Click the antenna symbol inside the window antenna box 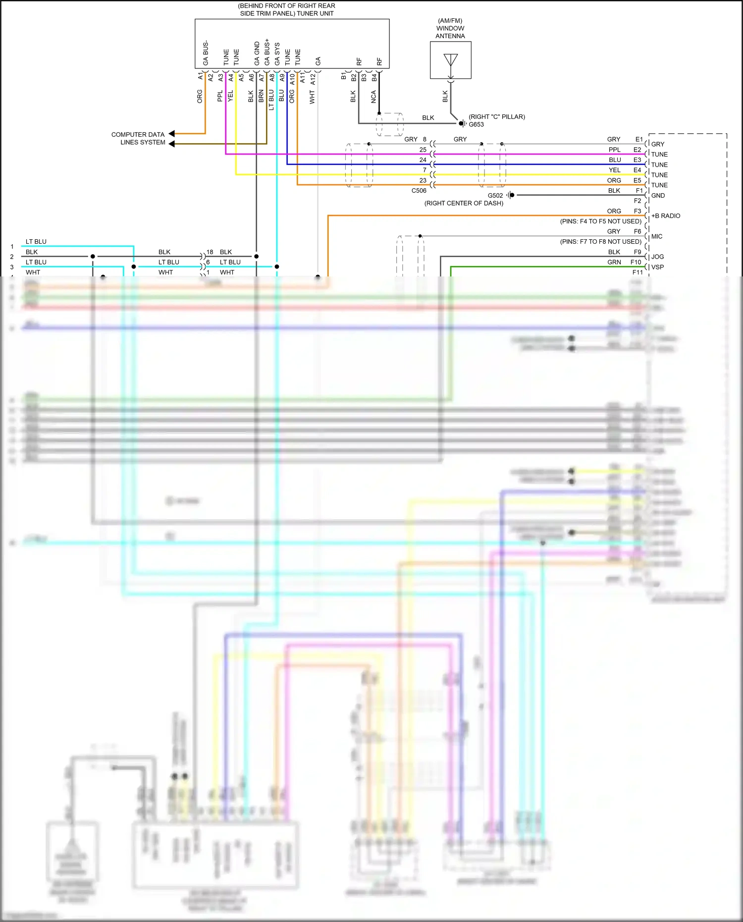click(x=450, y=60)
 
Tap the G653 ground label click(x=476, y=124)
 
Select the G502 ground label click(x=495, y=195)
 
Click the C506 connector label click(x=419, y=190)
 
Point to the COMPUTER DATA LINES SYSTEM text click(x=138, y=138)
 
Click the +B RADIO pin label click(x=665, y=216)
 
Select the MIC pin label click(x=656, y=236)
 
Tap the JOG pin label click(x=657, y=257)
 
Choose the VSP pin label click(x=657, y=267)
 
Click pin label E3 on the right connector click(x=637, y=160)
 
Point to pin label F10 click(x=636, y=262)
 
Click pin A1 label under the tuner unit click(x=201, y=76)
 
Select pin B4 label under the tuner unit click(x=374, y=77)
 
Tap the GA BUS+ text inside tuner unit click(x=267, y=52)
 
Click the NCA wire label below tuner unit click(x=373, y=97)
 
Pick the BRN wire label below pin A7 click(x=261, y=96)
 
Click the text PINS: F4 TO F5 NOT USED click(x=600, y=221)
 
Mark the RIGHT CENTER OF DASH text click(x=464, y=203)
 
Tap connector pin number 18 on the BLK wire click(x=210, y=252)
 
